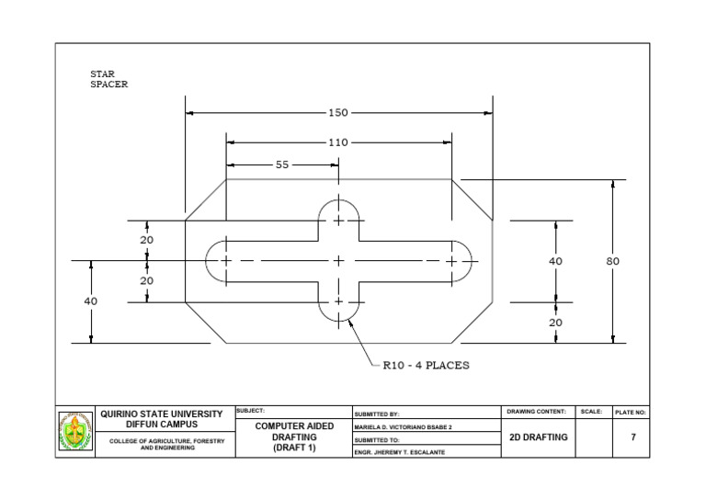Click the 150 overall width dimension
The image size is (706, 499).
pos(338,113)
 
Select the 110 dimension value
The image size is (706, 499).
pos(338,142)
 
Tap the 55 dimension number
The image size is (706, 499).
pos(282,164)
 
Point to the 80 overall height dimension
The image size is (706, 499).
pos(613,261)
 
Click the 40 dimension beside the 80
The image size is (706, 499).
pos(555,261)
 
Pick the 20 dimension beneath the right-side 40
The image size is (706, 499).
pos(555,323)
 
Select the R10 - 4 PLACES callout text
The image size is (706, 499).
pos(426,365)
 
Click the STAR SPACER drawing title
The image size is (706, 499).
pos(108,79)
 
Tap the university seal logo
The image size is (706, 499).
pos(76,431)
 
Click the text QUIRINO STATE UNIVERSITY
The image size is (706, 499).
pos(161,414)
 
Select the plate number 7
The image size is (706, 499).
pos(632,437)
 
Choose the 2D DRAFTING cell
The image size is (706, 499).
pos(539,437)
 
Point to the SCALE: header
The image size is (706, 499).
pos(592,411)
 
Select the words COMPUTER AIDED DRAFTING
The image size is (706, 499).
pos(293,432)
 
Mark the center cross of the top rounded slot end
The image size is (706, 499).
pos(338,221)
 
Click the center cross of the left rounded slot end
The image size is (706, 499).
pos(226,261)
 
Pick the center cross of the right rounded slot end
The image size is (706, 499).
pos(451,261)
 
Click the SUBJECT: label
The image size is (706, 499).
pos(251,410)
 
